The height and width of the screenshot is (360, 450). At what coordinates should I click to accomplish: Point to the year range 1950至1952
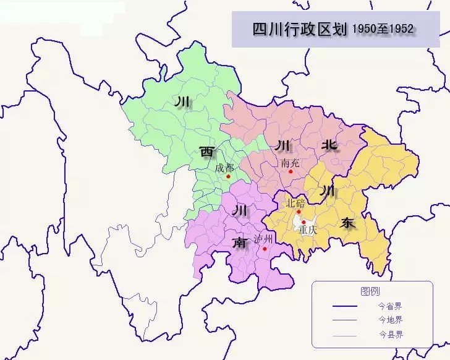pyautogui.click(x=383, y=28)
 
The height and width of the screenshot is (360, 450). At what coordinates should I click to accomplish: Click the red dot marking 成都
pyautogui.click(x=229, y=176)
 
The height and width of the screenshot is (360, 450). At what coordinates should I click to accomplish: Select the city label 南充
pyautogui.click(x=289, y=164)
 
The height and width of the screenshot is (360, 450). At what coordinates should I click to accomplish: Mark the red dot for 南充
pyautogui.click(x=289, y=171)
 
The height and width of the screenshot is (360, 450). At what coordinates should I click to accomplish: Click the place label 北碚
pyautogui.click(x=295, y=204)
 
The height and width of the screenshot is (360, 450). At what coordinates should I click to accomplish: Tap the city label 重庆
pyautogui.click(x=307, y=229)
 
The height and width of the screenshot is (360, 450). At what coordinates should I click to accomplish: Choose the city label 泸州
pyautogui.click(x=263, y=239)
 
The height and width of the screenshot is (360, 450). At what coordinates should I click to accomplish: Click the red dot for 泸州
pyautogui.click(x=265, y=249)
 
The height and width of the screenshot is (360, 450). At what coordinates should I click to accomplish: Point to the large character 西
pyautogui.click(x=206, y=151)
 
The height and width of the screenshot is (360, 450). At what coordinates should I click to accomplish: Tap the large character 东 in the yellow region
pyautogui.click(x=348, y=223)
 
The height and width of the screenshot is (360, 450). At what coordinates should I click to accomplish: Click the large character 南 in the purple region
pyautogui.click(x=239, y=242)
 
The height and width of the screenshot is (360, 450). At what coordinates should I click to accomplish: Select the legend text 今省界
pyautogui.click(x=390, y=306)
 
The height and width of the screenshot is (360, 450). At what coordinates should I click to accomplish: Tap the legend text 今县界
pyautogui.click(x=390, y=335)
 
